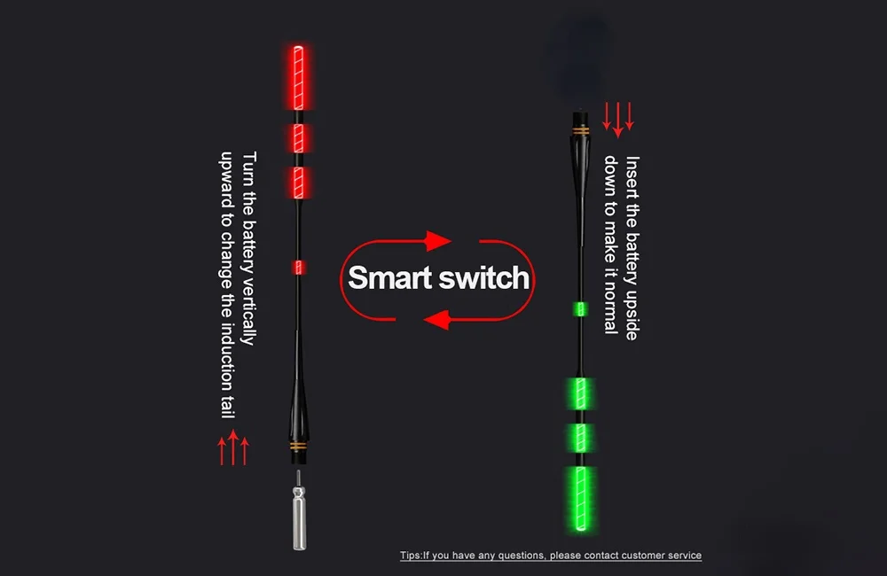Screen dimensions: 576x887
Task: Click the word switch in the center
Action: [485, 277]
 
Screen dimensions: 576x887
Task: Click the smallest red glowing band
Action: [299, 267]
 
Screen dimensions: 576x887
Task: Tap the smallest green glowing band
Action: [580, 308]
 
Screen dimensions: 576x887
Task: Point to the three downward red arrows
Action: [618, 118]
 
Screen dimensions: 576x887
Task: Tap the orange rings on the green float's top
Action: [581, 130]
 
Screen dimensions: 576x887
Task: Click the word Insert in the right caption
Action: [632, 175]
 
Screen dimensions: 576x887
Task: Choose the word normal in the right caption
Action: [610, 310]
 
